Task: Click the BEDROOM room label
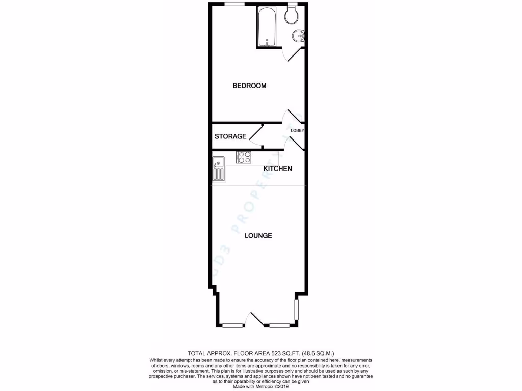(x=249, y=86)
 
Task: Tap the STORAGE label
(x=230, y=136)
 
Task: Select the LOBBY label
(x=297, y=130)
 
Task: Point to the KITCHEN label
(x=277, y=169)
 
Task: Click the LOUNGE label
(x=258, y=236)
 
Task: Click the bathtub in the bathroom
(x=266, y=27)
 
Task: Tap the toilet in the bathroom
(x=292, y=15)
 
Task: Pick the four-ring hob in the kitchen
(x=244, y=157)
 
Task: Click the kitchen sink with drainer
(x=218, y=168)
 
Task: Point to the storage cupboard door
(x=255, y=134)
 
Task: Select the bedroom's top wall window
(x=233, y=4)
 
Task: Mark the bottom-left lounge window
(x=232, y=325)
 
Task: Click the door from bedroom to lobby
(x=294, y=117)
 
